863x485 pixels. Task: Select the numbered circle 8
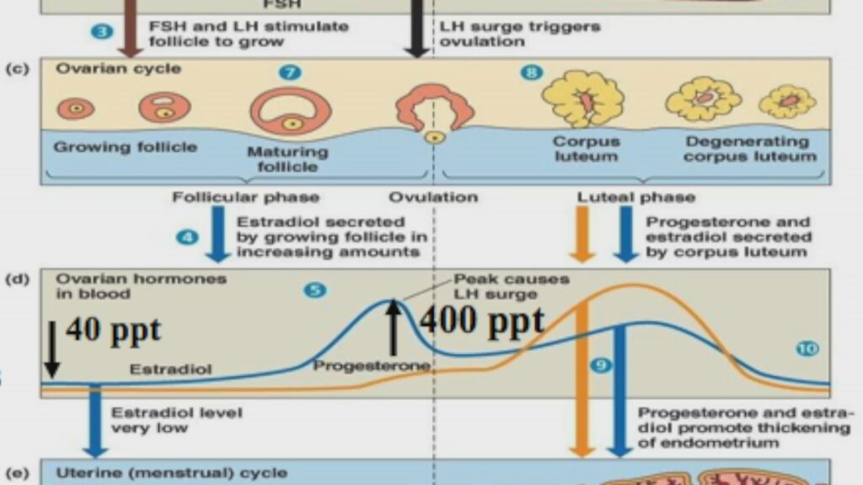coord(530,73)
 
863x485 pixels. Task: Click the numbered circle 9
coord(600,365)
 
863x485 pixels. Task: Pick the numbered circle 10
coord(807,348)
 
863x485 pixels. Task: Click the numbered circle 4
coord(187,237)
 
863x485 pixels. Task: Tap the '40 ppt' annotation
coord(113,330)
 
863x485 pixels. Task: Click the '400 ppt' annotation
coord(481,320)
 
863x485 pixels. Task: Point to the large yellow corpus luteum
coord(582,99)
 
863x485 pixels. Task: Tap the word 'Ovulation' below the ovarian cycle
coord(433,198)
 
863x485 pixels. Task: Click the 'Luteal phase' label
coord(636,198)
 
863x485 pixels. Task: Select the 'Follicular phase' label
coord(246,198)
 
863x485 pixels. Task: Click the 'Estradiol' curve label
coord(170,369)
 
